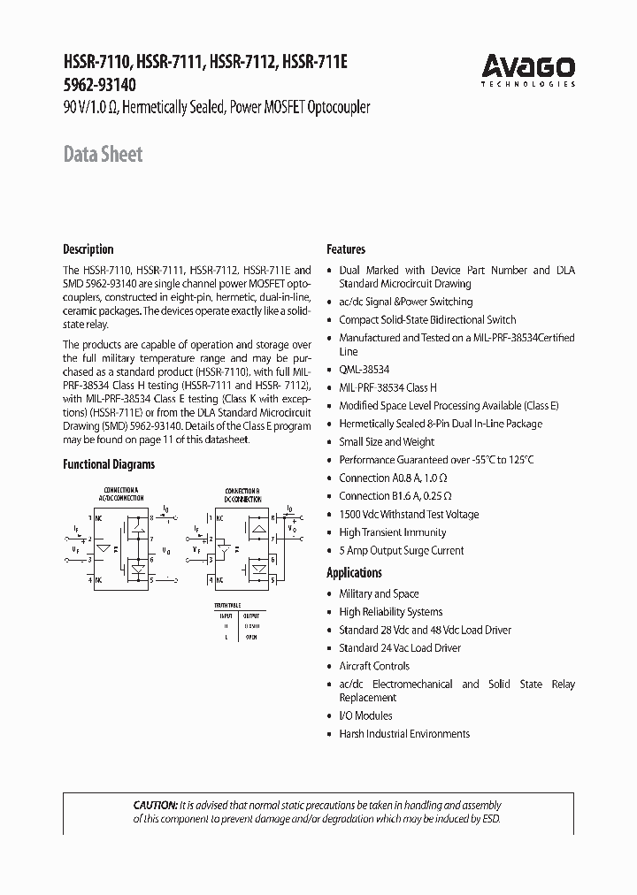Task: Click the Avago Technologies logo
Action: tap(528, 69)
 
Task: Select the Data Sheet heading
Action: tap(103, 155)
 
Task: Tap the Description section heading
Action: tap(88, 249)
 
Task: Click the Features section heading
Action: tap(346, 249)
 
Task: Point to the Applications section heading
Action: tap(354, 572)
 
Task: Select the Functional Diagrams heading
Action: tap(108, 463)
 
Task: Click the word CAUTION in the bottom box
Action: tap(155, 806)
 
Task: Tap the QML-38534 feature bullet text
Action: tap(364, 370)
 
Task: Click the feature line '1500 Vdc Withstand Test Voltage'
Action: tap(409, 514)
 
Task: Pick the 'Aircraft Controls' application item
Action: tap(374, 666)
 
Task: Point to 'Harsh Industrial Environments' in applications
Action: tap(404, 734)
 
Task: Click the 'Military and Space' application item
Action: tap(379, 593)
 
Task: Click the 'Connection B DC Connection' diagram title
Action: tap(242, 493)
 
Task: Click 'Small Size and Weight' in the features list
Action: tap(387, 441)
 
